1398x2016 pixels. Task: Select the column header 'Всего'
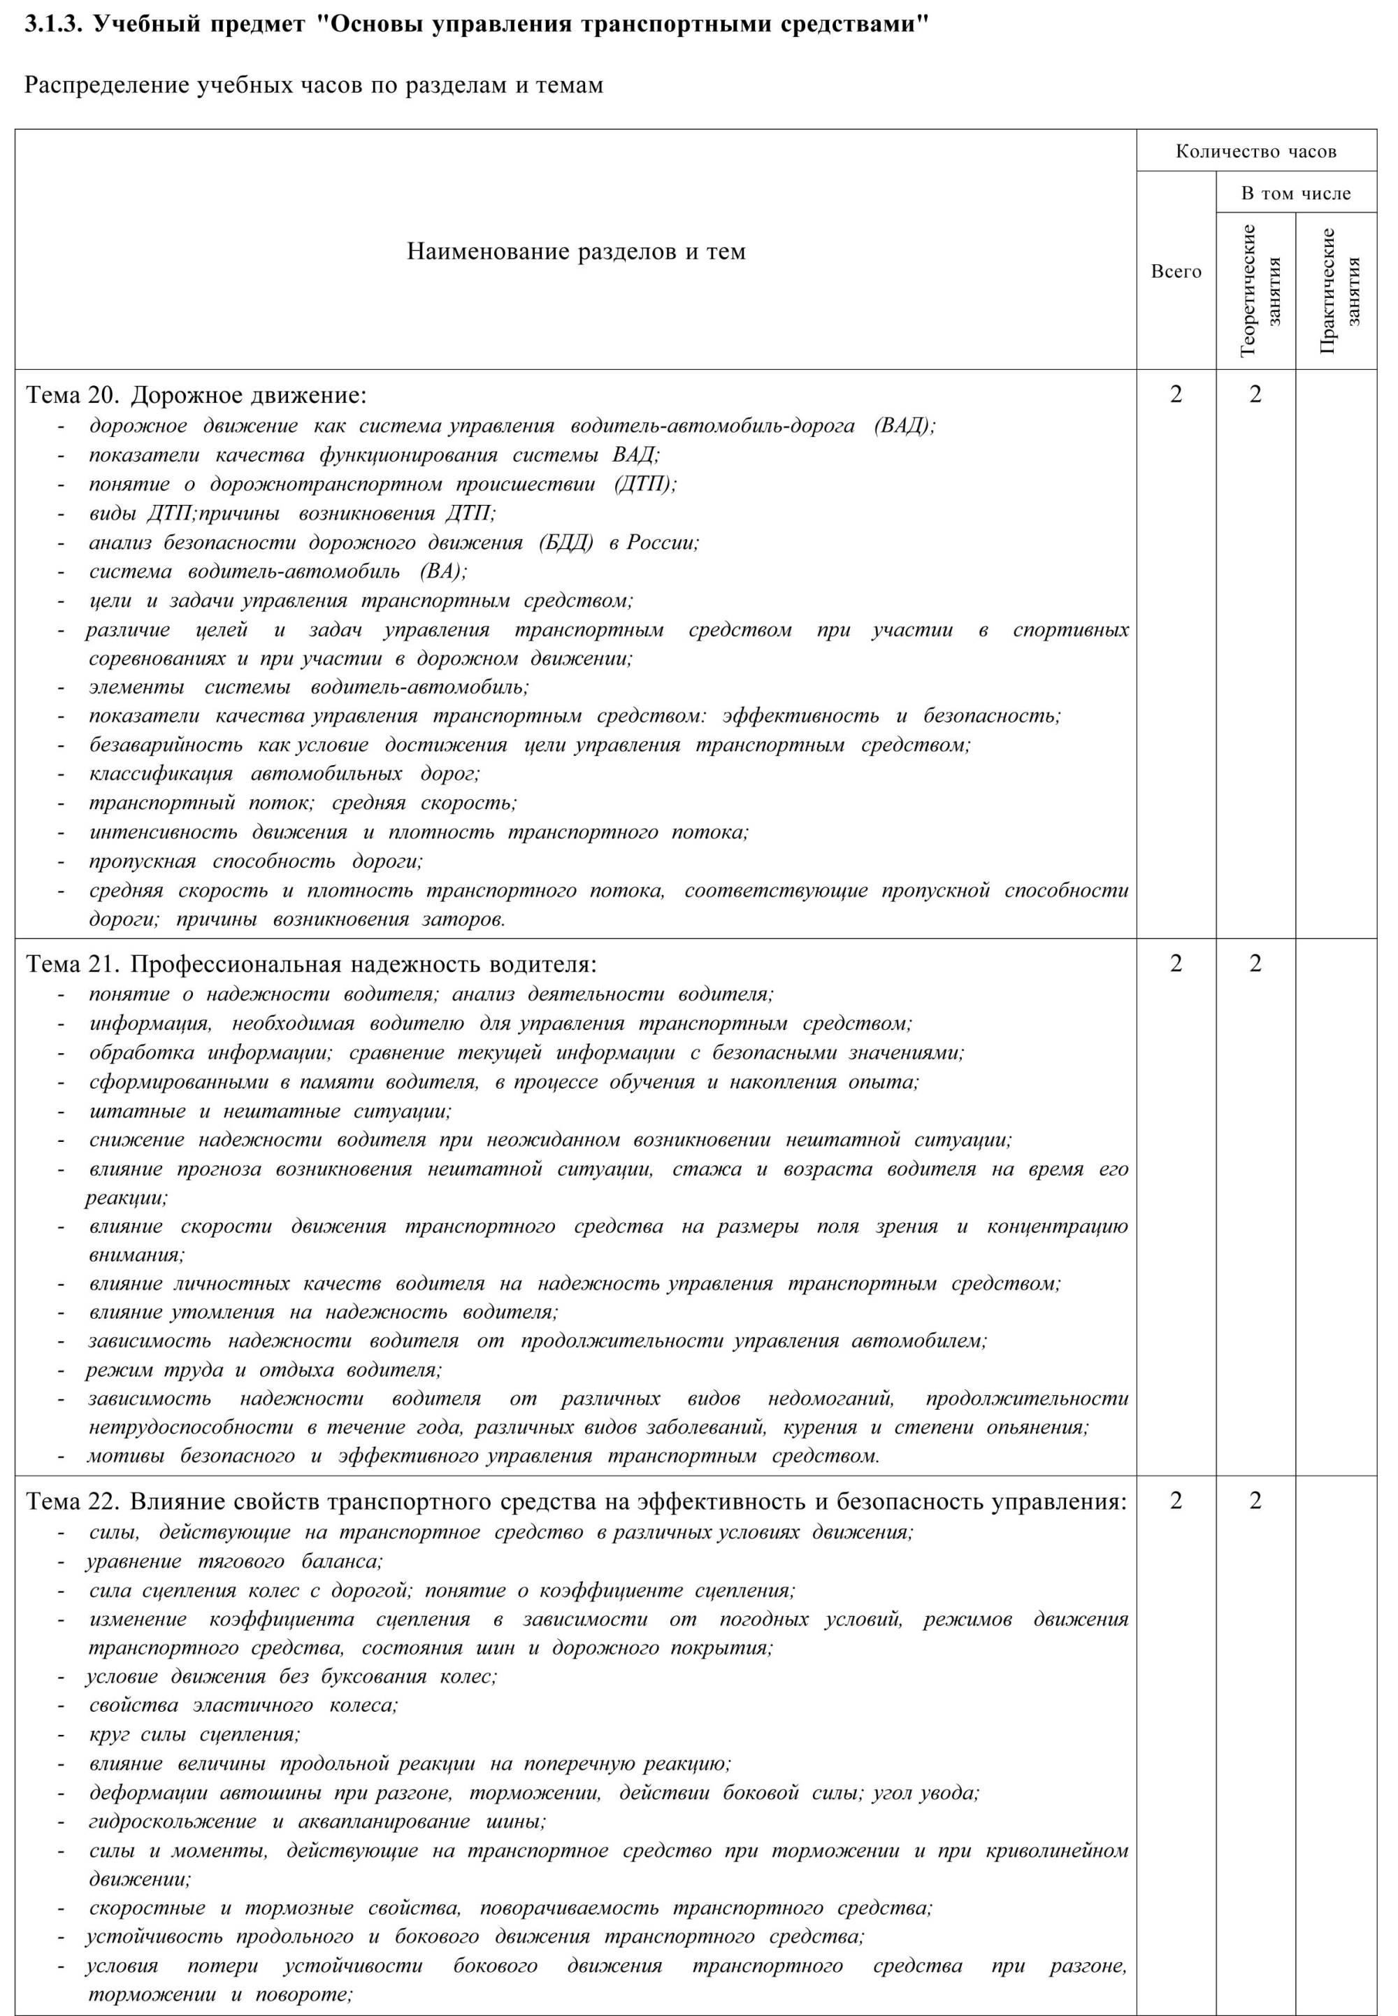click(x=1176, y=271)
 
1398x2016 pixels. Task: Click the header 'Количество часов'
click(x=1255, y=152)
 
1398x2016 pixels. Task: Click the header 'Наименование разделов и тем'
click(x=575, y=252)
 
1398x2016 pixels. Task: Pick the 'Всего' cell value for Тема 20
click(x=1176, y=395)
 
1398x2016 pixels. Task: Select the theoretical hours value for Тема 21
click(x=1255, y=964)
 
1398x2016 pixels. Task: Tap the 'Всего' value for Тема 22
click(x=1176, y=1501)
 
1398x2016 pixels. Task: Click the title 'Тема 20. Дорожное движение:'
click(x=197, y=396)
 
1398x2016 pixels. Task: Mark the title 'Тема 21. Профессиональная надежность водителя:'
click(x=311, y=964)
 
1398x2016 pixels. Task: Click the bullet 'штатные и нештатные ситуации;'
click(x=270, y=1112)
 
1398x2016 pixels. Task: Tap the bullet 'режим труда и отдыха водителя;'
click(x=264, y=1369)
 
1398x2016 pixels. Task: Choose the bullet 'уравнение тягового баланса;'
click(x=234, y=1561)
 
